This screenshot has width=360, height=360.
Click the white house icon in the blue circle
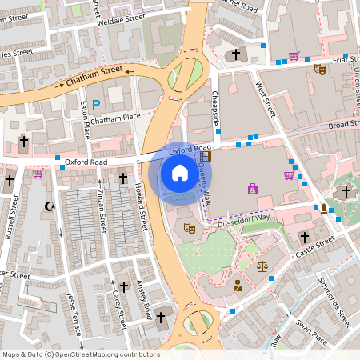(x=180, y=172)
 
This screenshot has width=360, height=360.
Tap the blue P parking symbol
(x=96, y=104)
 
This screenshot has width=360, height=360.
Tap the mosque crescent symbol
(x=50, y=206)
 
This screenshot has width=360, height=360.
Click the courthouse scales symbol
(x=262, y=263)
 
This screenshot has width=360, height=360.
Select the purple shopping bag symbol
(x=253, y=190)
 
